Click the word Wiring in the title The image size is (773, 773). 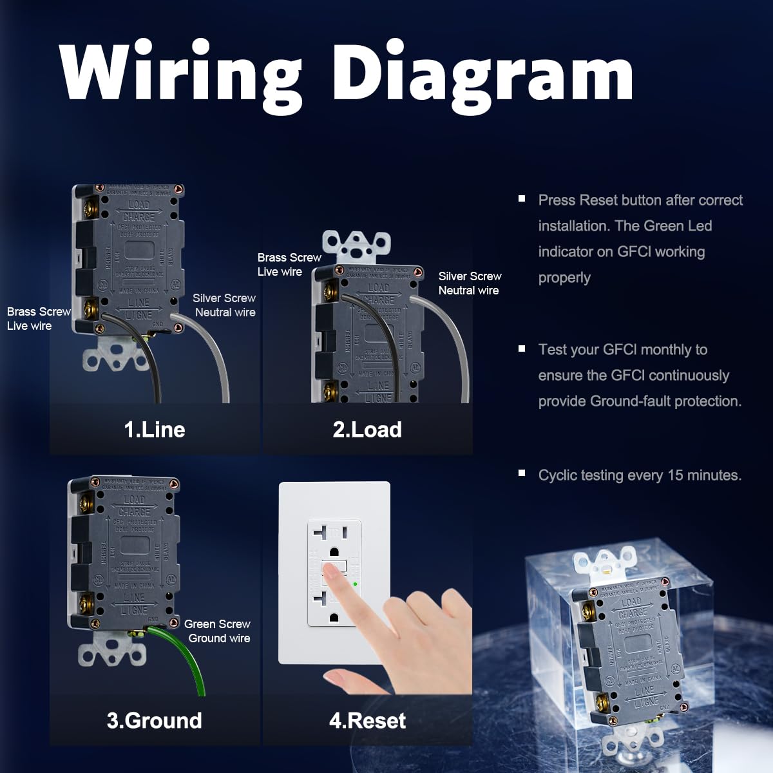[180, 72]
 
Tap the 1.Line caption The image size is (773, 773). [155, 430]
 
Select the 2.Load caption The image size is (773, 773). [367, 430]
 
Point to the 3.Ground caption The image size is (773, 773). [155, 720]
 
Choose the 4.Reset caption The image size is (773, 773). [367, 720]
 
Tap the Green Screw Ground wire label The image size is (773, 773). [218, 631]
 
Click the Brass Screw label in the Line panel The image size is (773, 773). [39, 318]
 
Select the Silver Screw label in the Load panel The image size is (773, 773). [470, 283]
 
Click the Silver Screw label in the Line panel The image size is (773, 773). [224, 305]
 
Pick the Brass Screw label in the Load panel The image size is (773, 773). [289, 264]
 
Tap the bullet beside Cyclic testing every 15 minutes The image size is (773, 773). [522, 473]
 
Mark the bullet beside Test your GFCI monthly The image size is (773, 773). [522, 348]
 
